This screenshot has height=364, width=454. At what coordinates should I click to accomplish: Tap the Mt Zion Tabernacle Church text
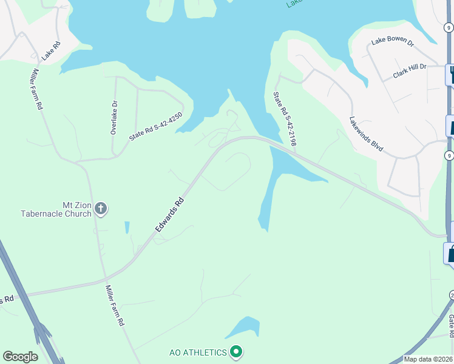click(56, 209)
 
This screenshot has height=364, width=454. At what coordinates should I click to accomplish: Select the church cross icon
click(101, 209)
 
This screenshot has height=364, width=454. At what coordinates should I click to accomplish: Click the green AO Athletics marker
click(237, 352)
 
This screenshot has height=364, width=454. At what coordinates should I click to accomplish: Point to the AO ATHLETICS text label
click(197, 352)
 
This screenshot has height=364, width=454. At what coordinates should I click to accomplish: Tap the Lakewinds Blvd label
click(366, 134)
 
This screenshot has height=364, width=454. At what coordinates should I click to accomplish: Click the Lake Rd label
click(51, 51)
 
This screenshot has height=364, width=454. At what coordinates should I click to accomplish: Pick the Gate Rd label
click(451, 326)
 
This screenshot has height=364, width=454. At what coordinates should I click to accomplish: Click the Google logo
click(20, 357)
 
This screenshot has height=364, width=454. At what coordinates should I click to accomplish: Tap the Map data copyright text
click(428, 359)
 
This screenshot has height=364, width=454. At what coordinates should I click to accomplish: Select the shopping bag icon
click(451, 253)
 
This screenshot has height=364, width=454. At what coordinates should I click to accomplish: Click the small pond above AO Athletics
click(243, 328)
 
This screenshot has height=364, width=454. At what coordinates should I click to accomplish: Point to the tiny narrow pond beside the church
click(127, 227)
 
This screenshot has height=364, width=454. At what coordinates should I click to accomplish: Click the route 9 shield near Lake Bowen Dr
click(448, 27)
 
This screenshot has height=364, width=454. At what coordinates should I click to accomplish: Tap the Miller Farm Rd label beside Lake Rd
click(35, 88)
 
